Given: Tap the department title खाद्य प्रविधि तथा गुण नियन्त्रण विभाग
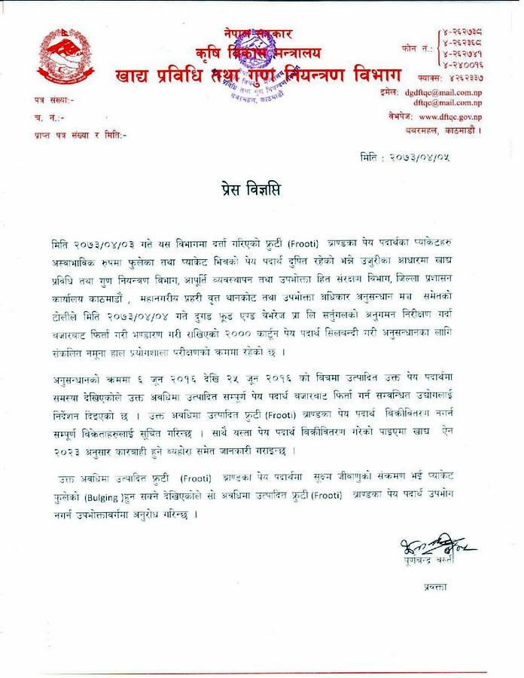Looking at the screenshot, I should click(258, 75).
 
